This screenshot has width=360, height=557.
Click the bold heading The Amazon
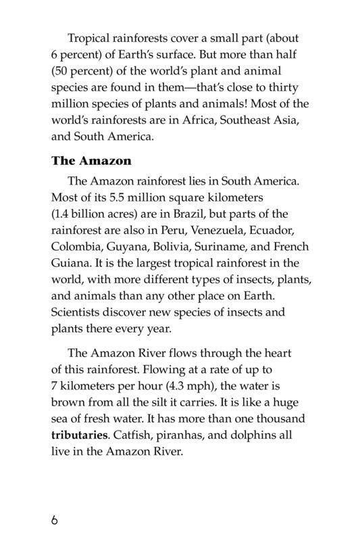coord(91,162)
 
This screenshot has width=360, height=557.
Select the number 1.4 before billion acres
coord(64,214)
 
